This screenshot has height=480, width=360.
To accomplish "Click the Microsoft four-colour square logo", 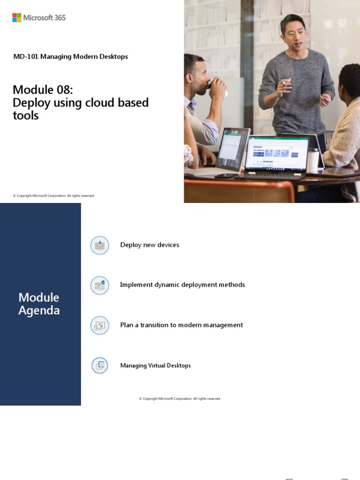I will point(17,18).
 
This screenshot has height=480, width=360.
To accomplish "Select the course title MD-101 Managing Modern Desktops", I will point(70,57).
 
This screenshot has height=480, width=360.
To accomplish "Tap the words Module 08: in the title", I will point(43,90).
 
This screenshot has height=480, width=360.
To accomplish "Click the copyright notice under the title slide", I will point(54,196).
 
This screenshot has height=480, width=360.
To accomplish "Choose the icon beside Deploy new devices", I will point(99,245).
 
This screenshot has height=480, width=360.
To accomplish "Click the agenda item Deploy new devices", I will point(150,245).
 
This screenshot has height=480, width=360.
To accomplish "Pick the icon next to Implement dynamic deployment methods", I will point(99,285).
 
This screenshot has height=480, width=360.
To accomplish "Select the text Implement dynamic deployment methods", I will point(182,285).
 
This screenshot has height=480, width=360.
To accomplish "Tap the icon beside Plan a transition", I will point(99,325).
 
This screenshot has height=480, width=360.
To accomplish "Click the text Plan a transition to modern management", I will point(181,325).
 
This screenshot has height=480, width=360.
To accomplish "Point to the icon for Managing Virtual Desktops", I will point(99,366).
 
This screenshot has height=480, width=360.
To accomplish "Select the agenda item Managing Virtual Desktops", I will point(155,366).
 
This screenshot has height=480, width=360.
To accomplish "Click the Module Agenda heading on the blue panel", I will point(39,304).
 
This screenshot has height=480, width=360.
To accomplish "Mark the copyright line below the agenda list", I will point(180,399).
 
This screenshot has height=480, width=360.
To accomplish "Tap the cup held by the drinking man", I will point(215,84).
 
